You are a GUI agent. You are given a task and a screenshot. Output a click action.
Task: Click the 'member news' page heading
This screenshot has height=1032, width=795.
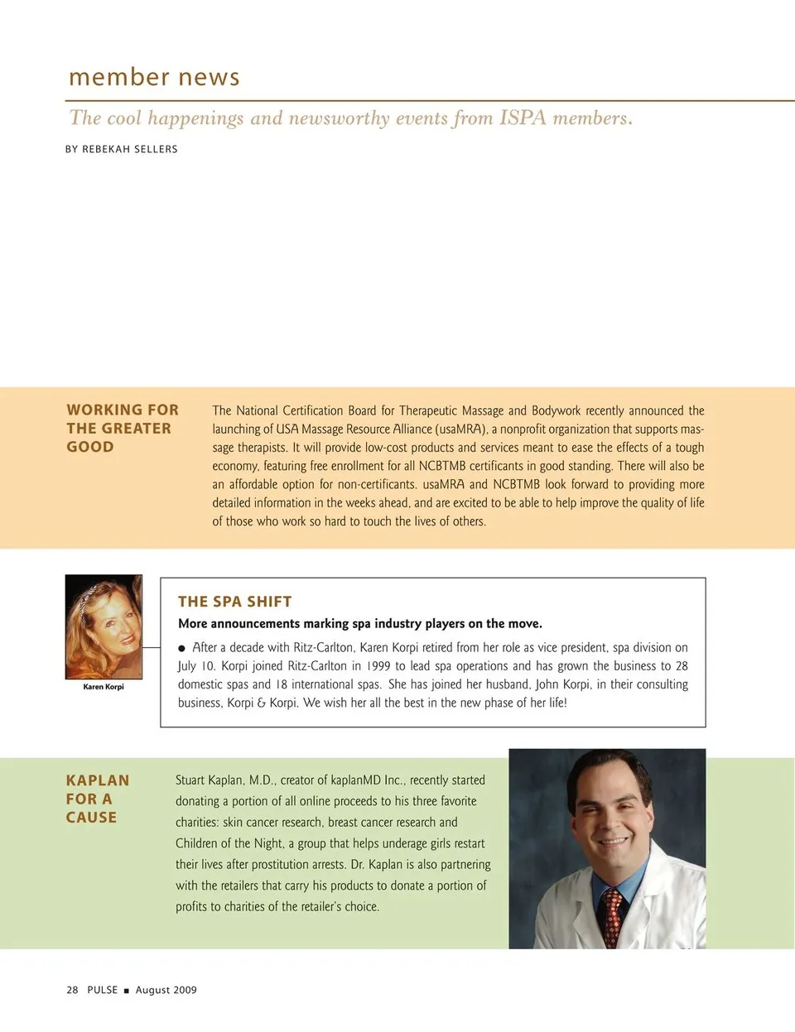[x=154, y=77]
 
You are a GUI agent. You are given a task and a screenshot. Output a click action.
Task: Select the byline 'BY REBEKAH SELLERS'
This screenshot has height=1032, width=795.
[x=122, y=149]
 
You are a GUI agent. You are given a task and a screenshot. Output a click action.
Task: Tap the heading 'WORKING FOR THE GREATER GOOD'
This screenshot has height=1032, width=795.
[x=123, y=429]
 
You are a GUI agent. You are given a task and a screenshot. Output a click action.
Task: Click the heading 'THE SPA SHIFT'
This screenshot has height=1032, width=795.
[x=235, y=602]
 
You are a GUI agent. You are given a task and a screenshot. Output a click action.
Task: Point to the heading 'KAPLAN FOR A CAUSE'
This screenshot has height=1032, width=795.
[x=97, y=799]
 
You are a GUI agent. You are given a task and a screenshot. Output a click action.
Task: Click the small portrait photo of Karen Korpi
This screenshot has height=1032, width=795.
[x=104, y=626]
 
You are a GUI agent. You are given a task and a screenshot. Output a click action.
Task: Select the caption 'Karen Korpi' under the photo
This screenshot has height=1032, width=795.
[x=104, y=687]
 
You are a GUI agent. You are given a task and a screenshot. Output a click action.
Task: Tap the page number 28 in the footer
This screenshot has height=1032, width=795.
[x=72, y=990]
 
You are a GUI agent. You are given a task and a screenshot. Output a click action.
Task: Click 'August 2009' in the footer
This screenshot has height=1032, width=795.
[x=166, y=990]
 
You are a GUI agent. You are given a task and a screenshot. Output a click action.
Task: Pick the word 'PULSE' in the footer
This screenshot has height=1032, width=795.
[x=103, y=990]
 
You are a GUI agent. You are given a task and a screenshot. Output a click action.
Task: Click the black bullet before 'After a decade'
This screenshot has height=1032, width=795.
[x=182, y=648]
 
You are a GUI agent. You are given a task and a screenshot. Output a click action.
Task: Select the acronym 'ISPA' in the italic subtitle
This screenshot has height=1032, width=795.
[x=523, y=118]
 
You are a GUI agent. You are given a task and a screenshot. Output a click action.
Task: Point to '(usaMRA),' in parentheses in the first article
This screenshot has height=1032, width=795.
[x=461, y=429]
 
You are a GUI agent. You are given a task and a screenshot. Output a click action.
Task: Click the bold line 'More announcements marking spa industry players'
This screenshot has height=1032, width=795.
[x=360, y=624]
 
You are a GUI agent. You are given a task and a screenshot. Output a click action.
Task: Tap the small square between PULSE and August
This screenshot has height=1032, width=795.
[x=127, y=991]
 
